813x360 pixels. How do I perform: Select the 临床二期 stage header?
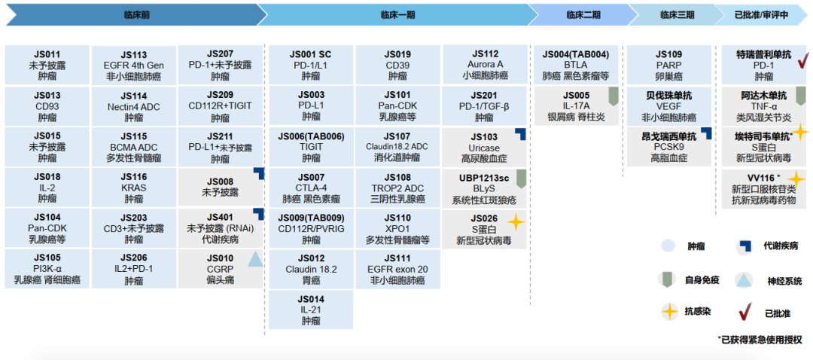pos(583,14)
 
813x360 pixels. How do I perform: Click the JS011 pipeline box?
pos(47,65)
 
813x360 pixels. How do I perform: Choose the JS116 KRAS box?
pos(134,188)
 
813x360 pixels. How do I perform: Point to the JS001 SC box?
pos(310,65)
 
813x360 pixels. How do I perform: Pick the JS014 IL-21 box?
pos(310,310)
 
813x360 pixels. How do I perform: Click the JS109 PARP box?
pos(669,65)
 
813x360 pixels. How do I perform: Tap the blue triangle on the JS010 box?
pos(255,259)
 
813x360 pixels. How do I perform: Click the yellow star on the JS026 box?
pos(516,222)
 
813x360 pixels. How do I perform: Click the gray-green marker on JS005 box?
pos(613,96)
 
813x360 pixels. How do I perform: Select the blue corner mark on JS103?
pos(520,133)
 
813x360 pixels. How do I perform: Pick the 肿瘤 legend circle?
pos(667,246)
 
